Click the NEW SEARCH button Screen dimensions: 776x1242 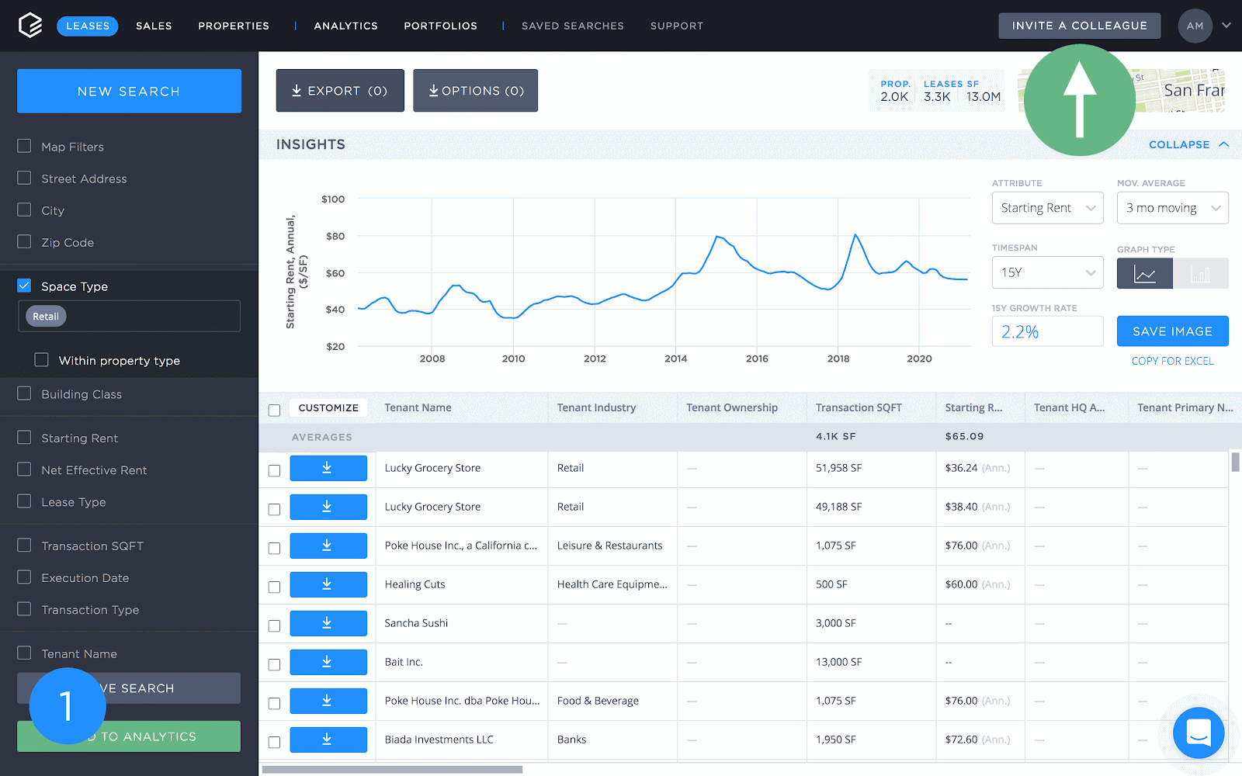coord(129,91)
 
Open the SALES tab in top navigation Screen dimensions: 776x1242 coord(154,26)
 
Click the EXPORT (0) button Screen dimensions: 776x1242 coord(340,91)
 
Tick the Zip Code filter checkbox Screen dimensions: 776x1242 coord(25,242)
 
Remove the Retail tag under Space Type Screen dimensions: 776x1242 coord(46,317)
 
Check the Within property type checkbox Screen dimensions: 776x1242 coord(42,360)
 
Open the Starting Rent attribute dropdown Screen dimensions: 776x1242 coord(1047,208)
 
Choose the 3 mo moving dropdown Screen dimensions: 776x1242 coord(1172,208)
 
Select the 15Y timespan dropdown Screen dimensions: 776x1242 coord(1047,272)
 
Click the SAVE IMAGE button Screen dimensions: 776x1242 coord(1172,331)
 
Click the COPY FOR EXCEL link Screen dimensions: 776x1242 coord(1172,361)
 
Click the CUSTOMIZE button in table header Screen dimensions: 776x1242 coord(328,407)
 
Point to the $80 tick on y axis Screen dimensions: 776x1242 coord(335,236)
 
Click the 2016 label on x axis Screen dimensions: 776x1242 coord(757,359)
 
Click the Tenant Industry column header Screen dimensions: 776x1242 coord(596,407)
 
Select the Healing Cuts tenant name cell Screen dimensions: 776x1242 coord(415,584)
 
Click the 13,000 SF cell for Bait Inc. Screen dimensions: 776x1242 coord(838,662)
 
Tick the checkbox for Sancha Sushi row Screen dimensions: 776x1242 coord(274,625)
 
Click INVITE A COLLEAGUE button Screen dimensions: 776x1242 coord(1079,26)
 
